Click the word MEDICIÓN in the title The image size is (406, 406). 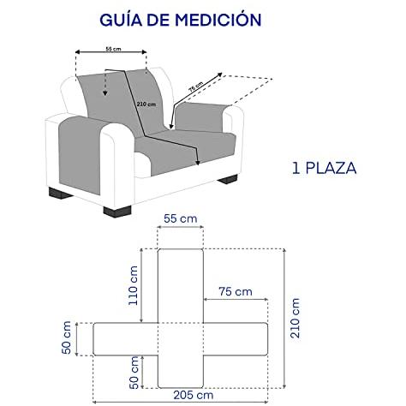[x=218, y=19]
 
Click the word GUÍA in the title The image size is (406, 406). [x=121, y=19]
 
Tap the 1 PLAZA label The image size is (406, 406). [x=325, y=168]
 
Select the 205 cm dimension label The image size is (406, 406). [x=194, y=395]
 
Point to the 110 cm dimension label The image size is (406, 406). [x=134, y=285]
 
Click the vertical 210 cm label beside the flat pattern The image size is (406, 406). [x=295, y=318]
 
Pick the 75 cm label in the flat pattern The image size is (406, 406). [x=236, y=291]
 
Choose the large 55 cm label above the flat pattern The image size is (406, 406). [x=181, y=219]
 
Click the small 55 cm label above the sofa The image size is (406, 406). [x=113, y=49]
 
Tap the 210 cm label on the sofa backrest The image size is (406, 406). [x=146, y=104]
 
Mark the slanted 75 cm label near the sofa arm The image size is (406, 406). [x=196, y=87]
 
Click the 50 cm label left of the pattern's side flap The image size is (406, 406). [x=66, y=337]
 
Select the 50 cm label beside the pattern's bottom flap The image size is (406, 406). [x=134, y=373]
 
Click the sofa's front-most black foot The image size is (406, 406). [x=117, y=212]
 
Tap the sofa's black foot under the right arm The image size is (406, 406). [x=228, y=179]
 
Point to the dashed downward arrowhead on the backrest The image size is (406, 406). [x=105, y=93]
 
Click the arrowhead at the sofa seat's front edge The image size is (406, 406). [x=197, y=163]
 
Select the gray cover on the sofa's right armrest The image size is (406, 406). [x=202, y=116]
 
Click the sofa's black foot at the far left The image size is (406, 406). [x=60, y=194]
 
